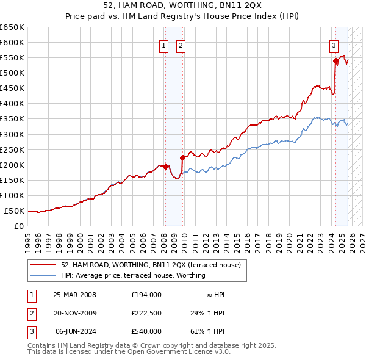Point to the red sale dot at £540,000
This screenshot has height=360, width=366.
(335, 60)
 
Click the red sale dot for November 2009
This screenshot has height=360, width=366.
(182, 157)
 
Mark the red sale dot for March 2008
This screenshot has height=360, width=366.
(165, 166)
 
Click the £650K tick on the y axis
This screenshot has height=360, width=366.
(12, 27)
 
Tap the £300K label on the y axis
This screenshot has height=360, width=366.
(12, 134)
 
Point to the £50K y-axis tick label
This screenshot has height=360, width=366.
(14, 211)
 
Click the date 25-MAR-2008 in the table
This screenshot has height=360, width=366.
(74, 295)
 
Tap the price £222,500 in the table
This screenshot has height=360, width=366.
(146, 313)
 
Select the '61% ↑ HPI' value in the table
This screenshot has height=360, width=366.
(207, 331)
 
